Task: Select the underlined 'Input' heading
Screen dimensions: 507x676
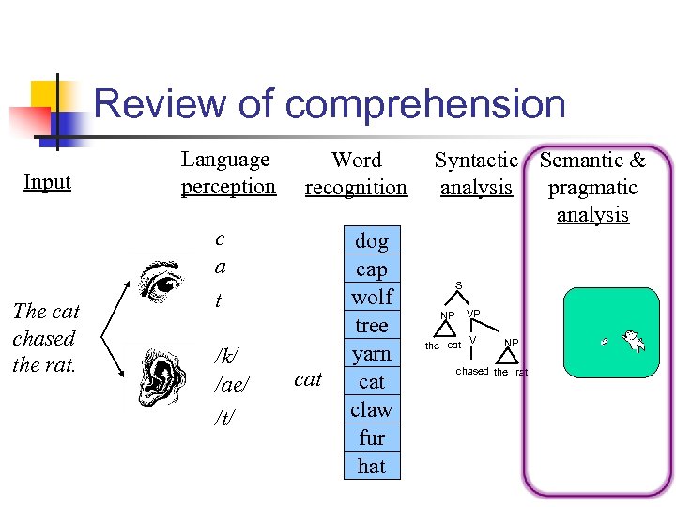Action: point(48,181)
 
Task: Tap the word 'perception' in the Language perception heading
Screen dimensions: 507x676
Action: point(228,187)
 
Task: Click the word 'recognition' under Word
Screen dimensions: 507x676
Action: point(356,188)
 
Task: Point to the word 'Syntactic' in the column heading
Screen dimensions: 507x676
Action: point(476,161)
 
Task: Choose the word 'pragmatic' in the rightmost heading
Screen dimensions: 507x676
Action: point(592,188)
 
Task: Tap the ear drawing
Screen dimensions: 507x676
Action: point(161,375)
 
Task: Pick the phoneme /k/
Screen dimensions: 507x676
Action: point(226,356)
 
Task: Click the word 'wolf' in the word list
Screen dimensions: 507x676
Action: point(372,298)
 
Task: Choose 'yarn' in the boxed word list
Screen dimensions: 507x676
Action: point(372,354)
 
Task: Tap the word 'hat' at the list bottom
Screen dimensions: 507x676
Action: point(372,466)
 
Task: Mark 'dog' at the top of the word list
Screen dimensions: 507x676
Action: point(372,241)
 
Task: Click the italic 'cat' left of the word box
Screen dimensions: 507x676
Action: point(308,379)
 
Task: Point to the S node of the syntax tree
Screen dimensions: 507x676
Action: point(458,285)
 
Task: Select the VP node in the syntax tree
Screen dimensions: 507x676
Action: point(473,314)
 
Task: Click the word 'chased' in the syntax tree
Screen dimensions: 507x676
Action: point(472,372)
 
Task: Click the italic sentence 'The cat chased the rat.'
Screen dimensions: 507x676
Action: point(46,338)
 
